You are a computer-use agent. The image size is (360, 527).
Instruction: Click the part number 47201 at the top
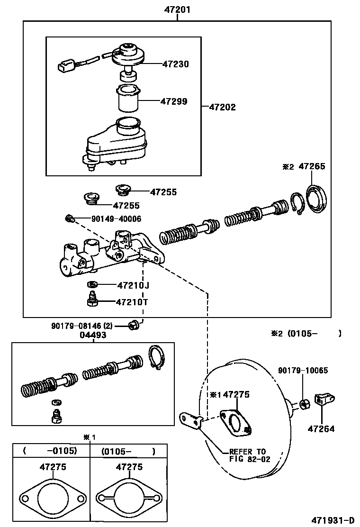177,9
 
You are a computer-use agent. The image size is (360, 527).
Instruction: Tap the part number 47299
173,101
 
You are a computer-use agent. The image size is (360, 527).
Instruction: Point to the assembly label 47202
222,108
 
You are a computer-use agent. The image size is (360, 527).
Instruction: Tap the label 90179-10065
303,371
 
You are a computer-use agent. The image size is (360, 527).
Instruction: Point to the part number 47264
321,429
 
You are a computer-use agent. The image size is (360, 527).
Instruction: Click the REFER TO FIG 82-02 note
247,455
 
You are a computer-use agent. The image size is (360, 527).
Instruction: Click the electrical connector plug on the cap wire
65,65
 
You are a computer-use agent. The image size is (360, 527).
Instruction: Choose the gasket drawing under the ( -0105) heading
52,498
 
